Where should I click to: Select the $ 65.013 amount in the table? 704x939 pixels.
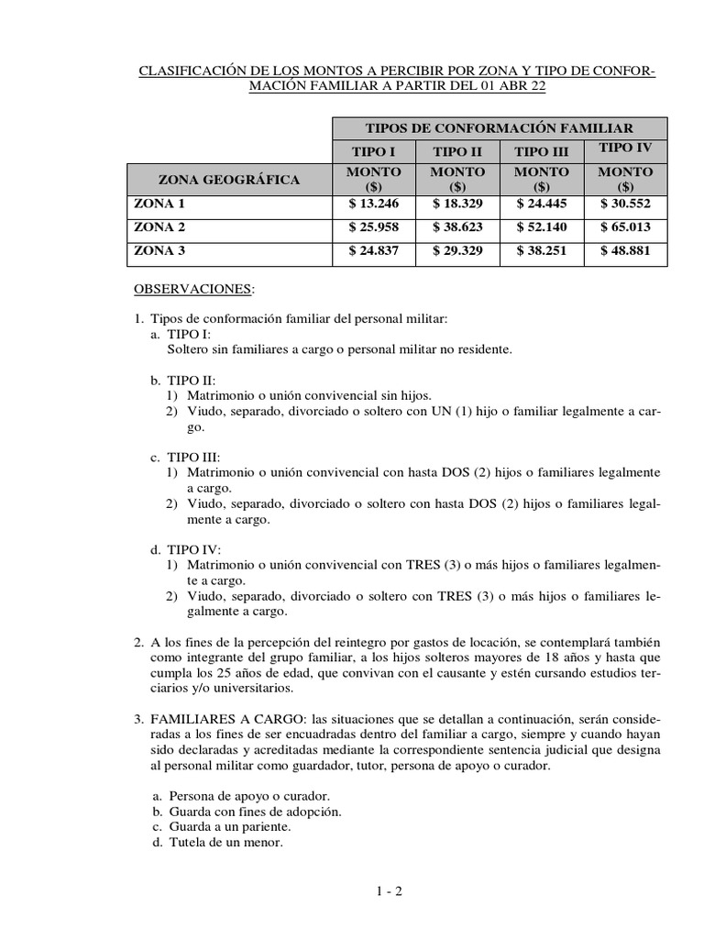625,226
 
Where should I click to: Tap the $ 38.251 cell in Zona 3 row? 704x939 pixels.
542,249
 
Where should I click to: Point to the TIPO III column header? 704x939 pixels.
542,152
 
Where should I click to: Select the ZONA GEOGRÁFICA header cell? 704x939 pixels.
229,180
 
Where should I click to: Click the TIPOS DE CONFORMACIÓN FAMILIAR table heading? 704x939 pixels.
499,128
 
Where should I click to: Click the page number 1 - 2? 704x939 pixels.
389,890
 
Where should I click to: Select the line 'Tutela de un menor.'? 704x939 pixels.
225,842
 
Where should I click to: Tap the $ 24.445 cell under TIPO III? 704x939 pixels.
542,204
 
